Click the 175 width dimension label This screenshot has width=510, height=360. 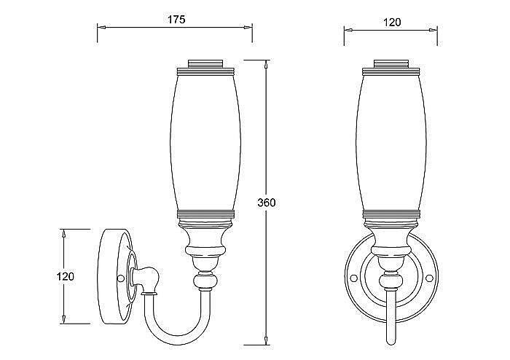point(176,20)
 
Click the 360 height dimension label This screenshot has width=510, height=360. point(267,203)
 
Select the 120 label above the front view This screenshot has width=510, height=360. point(392,23)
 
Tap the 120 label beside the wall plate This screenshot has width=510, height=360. point(66,276)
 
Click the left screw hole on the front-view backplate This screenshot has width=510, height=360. point(353,278)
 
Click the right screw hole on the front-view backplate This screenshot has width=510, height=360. point(429,278)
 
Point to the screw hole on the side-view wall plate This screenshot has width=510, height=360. point(120,278)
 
